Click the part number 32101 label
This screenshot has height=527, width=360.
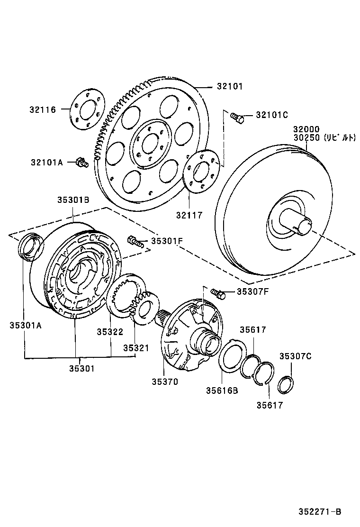click(x=230, y=86)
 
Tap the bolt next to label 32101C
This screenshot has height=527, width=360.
click(x=237, y=117)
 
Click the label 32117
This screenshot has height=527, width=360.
click(x=190, y=215)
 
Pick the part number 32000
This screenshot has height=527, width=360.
click(x=306, y=129)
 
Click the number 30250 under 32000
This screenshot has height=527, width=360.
click(x=306, y=138)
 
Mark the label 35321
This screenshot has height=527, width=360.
click(x=136, y=348)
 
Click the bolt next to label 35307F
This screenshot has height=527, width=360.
click(x=218, y=293)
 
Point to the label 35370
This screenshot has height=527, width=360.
click(x=165, y=382)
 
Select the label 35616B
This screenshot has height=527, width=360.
click(x=222, y=391)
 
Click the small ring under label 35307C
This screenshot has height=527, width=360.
click(x=285, y=384)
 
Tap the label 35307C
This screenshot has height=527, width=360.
click(x=295, y=356)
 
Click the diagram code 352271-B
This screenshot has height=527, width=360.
click(x=320, y=511)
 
